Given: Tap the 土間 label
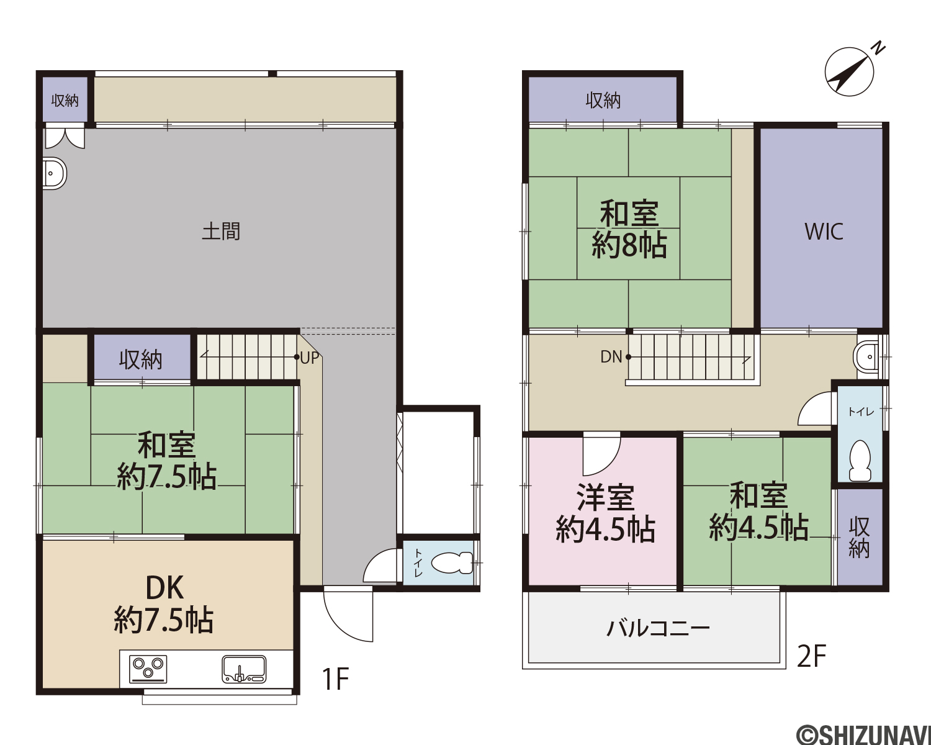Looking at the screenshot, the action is (221, 231).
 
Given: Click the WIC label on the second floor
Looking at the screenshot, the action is (824, 232).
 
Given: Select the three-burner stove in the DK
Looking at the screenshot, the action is (148, 669).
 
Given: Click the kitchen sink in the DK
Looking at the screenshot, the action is (244, 669).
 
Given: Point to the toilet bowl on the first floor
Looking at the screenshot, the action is (452, 562).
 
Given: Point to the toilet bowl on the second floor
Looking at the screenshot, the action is (860, 461).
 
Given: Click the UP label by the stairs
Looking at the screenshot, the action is (309, 358).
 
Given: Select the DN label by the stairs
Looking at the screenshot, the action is (611, 357).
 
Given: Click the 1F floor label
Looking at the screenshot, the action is (335, 679).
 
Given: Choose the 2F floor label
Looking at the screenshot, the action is (812, 656).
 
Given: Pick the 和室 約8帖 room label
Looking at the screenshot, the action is (629, 230).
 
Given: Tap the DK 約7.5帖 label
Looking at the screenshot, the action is (164, 604).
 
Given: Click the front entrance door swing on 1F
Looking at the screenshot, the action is (348, 615).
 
